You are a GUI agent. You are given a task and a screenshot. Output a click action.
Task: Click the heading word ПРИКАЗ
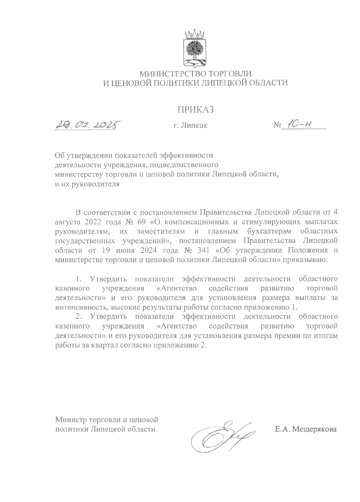(195, 110)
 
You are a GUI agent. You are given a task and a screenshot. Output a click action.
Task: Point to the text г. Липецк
(190, 126)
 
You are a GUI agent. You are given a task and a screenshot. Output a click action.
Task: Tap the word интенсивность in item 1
(81, 307)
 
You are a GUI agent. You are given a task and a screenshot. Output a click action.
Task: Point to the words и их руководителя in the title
(87, 184)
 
